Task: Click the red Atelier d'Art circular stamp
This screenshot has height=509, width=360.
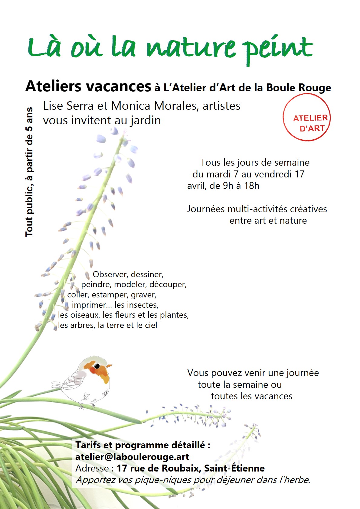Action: tap(306, 118)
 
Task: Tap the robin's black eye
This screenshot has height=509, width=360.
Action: tap(97, 366)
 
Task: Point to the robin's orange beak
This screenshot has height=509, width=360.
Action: tap(109, 366)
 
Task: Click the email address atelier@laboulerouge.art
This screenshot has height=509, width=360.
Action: tap(132, 457)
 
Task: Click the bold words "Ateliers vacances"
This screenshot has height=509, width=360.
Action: tap(88, 86)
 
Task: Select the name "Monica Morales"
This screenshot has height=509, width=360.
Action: tap(154, 106)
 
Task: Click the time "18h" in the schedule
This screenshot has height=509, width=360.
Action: tap(252, 186)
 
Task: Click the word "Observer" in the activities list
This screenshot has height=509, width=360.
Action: tap(110, 274)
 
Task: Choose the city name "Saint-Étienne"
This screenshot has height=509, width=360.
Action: tap(234, 468)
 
